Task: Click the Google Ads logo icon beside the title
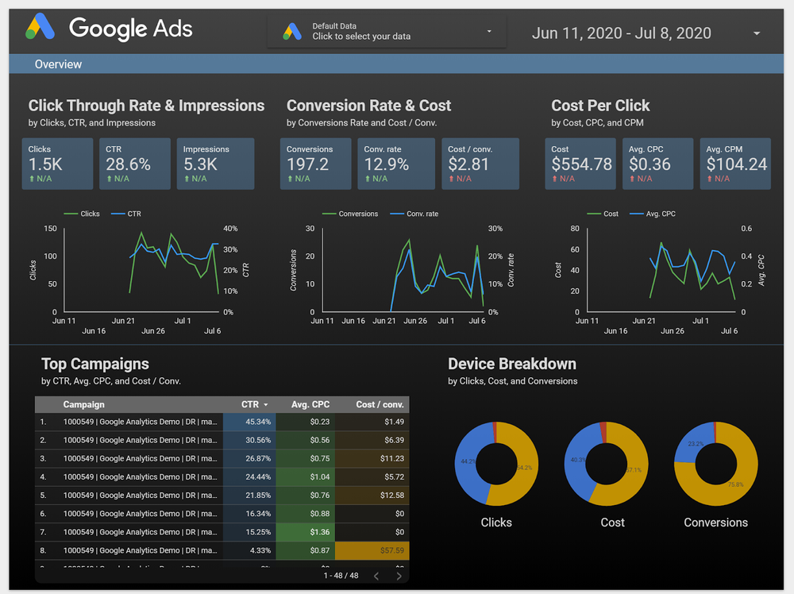point(41,28)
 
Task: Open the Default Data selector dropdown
point(387,32)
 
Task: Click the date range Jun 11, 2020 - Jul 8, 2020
point(621,33)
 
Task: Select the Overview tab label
point(58,64)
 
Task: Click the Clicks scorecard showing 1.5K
point(57,164)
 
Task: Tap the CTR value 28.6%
point(128,164)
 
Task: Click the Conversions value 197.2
point(307,164)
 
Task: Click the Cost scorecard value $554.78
point(581,164)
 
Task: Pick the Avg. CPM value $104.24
point(736,164)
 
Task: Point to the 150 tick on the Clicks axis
point(50,229)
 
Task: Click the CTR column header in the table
point(254,404)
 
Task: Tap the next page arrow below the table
point(399,576)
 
